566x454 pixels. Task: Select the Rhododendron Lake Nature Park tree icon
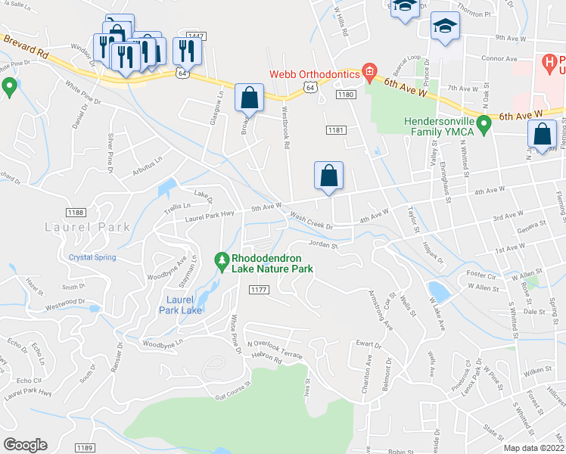point(222,261)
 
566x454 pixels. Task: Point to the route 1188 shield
point(75,213)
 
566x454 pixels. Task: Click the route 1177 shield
point(259,290)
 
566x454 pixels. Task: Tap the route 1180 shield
point(346,95)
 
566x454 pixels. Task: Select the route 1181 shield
point(337,130)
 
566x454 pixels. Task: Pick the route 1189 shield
point(85,448)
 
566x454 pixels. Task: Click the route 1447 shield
point(196,36)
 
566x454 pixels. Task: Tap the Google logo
point(25,445)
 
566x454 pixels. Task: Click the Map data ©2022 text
point(533,448)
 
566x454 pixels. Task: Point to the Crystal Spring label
point(92,257)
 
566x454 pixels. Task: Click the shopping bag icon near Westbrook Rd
point(249,98)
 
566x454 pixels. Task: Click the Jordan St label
point(322,244)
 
